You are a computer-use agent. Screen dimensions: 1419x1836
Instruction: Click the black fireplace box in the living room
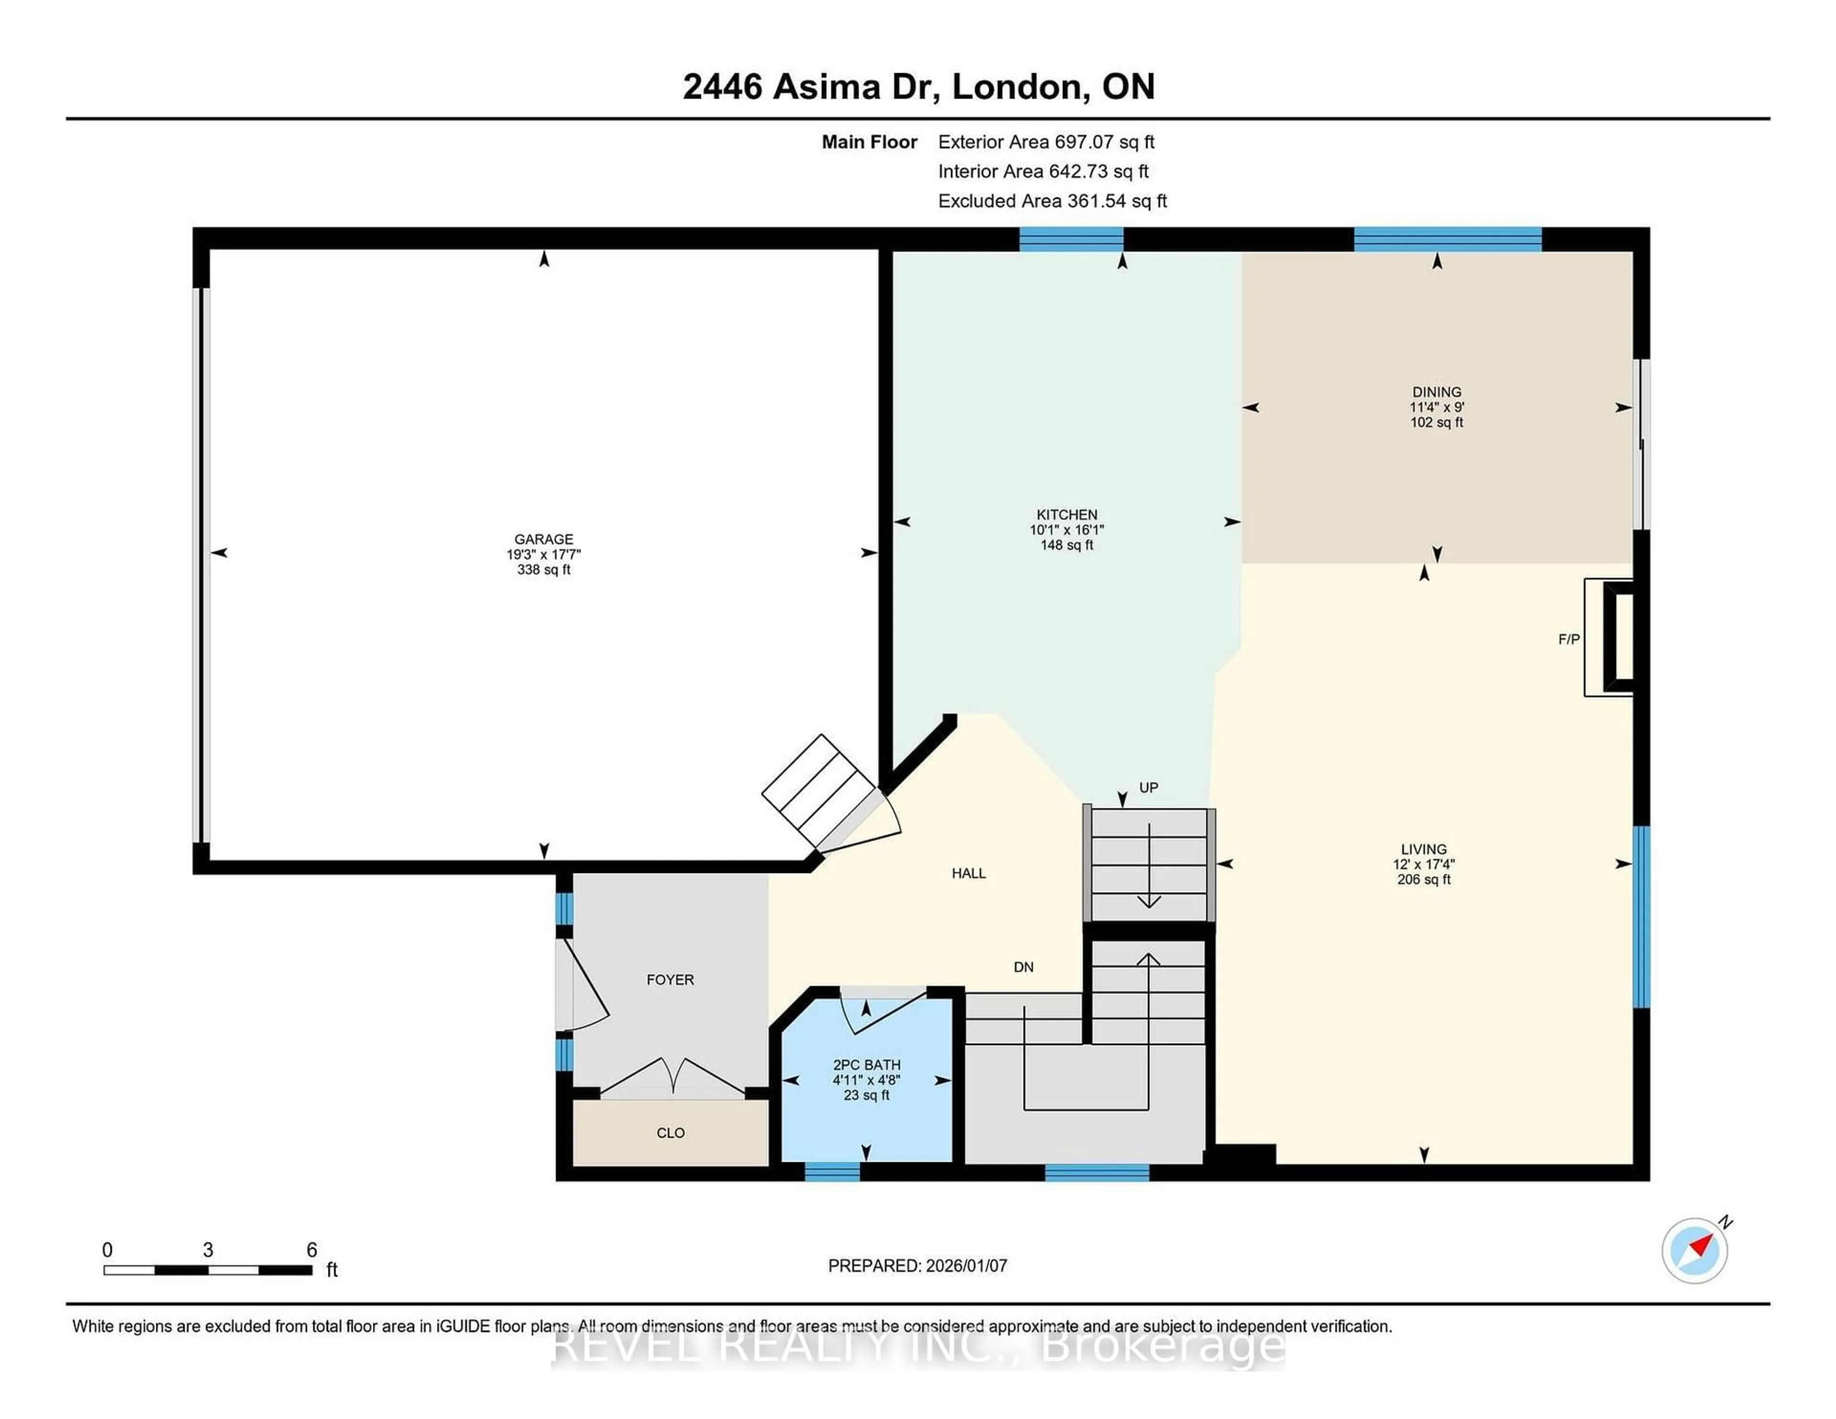(x=1619, y=636)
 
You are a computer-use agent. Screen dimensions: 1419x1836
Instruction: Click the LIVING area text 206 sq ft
(x=1423, y=879)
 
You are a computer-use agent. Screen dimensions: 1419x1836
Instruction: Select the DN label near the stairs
(x=1023, y=967)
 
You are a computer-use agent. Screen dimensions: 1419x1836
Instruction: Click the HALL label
(x=968, y=873)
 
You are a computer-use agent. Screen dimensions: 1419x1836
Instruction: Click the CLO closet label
(x=670, y=1132)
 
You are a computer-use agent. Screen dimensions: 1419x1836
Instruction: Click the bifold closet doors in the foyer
(x=673, y=1077)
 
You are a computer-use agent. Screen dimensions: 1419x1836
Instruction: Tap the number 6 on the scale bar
(x=311, y=1250)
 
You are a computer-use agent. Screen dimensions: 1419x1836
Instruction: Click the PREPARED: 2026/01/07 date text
(x=917, y=1265)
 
